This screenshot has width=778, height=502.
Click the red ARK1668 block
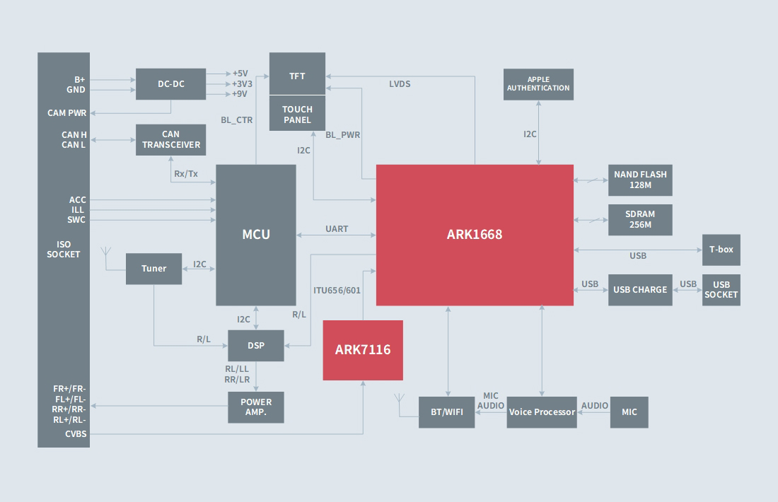(x=475, y=235)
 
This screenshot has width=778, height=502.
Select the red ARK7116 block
(x=363, y=350)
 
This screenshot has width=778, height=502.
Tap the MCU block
(x=256, y=235)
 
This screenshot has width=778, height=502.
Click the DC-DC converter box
(x=170, y=84)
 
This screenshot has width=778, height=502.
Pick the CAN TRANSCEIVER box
(x=170, y=140)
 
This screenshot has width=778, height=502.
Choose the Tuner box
(x=153, y=269)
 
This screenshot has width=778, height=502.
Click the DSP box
(x=256, y=346)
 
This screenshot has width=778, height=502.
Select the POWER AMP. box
(x=256, y=407)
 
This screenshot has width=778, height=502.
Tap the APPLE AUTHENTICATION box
(x=538, y=84)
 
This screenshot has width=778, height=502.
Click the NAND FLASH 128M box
(x=640, y=180)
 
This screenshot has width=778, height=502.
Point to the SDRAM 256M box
(x=640, y=220)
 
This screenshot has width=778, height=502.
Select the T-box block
(x=721, y=250)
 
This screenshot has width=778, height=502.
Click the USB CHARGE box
(x=640, y=290)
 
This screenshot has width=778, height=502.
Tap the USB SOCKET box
(x=721, y=290)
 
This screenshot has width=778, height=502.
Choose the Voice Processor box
(x=542, y=412)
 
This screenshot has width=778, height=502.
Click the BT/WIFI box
(x=446, y=412)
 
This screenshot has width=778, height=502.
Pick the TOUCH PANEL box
(x=297, y=114)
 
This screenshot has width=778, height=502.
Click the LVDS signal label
(x=400, y=84)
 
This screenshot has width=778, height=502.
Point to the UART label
(x=337, y=229)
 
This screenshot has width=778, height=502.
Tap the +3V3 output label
(x=242, y=83)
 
